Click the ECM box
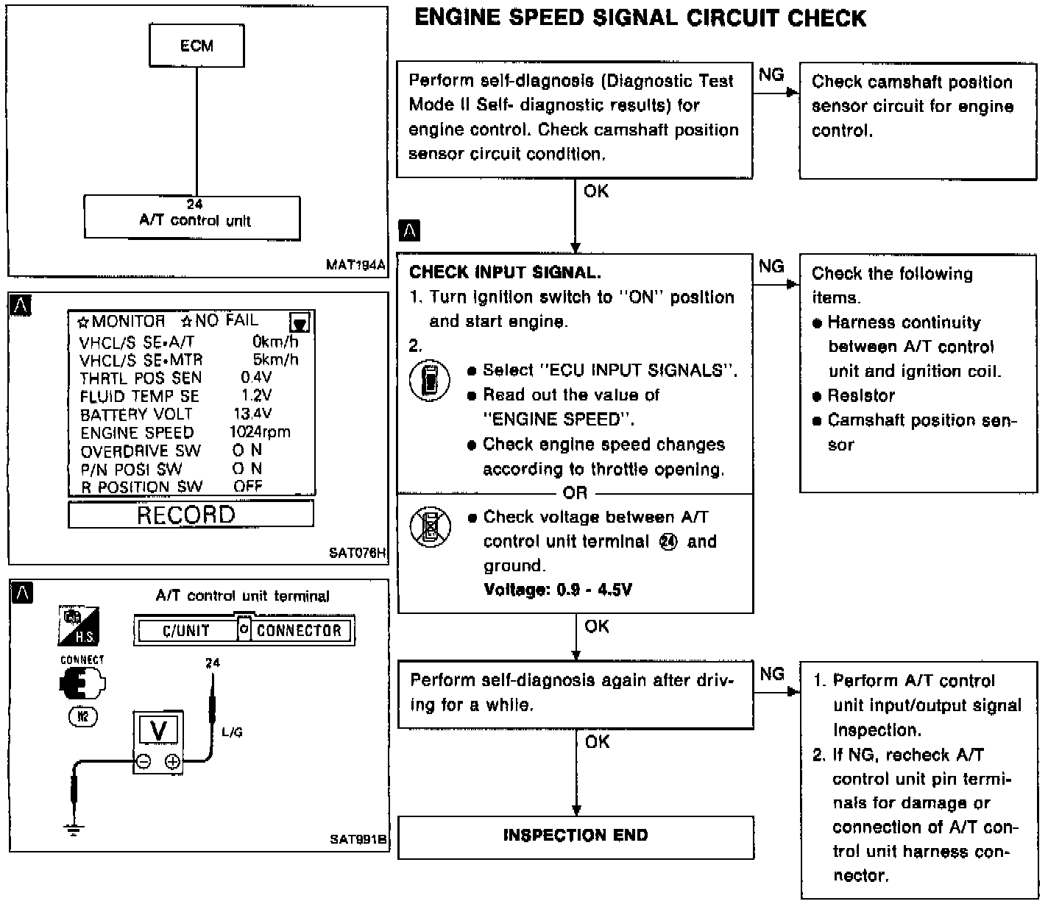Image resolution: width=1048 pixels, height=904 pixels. (196, 46)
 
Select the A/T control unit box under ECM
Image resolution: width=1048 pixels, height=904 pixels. (192, 217)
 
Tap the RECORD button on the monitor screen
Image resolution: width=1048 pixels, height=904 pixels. (191, 514)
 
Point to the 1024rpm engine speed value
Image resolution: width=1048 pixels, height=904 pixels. (260, 432)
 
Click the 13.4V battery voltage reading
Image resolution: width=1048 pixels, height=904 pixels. (252, 414)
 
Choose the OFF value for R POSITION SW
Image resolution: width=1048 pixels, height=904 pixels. (248, 487)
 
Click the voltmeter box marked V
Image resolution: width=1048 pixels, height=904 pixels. (158, 741)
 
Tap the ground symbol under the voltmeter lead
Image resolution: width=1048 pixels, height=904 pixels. (73, 829)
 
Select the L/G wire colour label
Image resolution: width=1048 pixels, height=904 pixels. (232, 732)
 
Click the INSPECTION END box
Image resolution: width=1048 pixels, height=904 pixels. (576, 836)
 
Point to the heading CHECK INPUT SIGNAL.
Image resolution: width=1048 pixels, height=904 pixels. (505, 272)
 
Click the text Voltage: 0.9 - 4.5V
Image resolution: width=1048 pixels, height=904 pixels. (558, 590)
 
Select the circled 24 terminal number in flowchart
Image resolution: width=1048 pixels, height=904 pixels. (670, 542)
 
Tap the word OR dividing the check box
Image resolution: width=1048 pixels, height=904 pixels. (575, 492)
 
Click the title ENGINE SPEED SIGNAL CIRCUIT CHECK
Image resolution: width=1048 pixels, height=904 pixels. (640, 18)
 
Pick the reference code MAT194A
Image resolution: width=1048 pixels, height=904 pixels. (355, 265)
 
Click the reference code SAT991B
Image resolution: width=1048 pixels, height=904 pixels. (358, 840)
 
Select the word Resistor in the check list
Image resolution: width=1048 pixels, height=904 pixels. (861, 395)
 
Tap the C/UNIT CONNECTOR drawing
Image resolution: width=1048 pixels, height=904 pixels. (244, 630)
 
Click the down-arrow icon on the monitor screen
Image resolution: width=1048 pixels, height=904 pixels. (300, 322)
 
